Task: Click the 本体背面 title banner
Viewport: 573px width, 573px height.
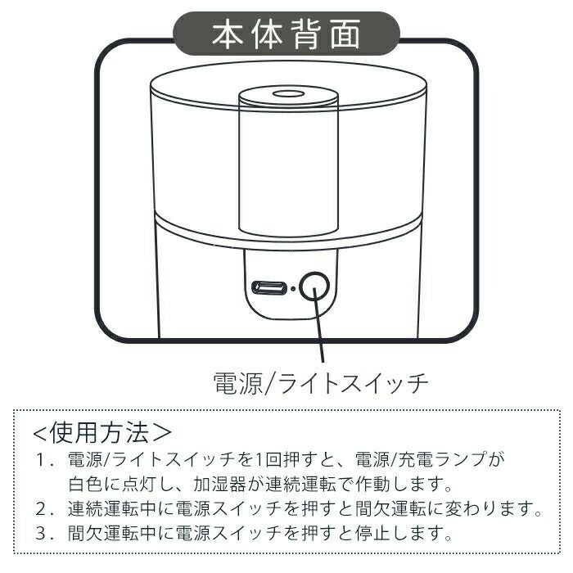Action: (286, 34)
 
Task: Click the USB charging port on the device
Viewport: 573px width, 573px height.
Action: (268, 288)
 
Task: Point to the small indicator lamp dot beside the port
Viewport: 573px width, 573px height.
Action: (293, 288)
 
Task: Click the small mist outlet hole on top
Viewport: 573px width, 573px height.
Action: (288, 94)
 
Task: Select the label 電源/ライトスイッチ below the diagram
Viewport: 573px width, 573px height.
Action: (321, 383)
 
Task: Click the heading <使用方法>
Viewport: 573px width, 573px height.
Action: (102, 433)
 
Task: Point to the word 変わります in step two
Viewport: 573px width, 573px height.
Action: (494, 508)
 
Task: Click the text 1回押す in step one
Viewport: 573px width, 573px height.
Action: (286, 460)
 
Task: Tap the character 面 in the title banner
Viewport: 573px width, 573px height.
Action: (345, 34)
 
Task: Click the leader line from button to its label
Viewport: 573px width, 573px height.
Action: (319, 325)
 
